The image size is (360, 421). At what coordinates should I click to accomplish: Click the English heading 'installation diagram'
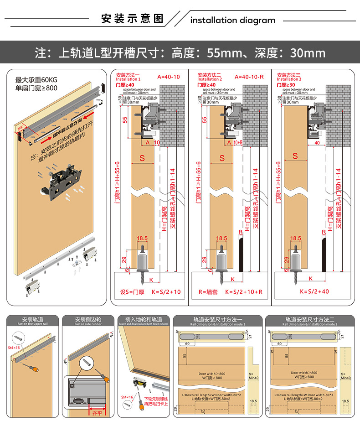pyautogui.click(x=233, y=20)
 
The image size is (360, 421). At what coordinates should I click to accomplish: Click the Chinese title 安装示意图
pyautogui.click(x=132, y=19)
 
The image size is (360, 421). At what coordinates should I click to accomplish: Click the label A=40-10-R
pyautogui.click(x=249, y=77)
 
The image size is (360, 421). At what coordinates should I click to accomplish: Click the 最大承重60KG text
pyautogui.click(x=40, y=79)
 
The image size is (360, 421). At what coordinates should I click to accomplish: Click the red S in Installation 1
pyautogui.click(x=142, y=158)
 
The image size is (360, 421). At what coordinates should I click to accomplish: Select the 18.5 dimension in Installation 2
pyautogui.click(x=221, y=238)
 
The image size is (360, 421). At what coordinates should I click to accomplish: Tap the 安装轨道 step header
pyautogui.click(x=33, y=320)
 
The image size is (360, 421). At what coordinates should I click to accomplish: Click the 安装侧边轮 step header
pyautogui.click(x=87, y=320)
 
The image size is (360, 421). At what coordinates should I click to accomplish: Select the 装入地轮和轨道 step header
pyautogui.click(x=143, y=320)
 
